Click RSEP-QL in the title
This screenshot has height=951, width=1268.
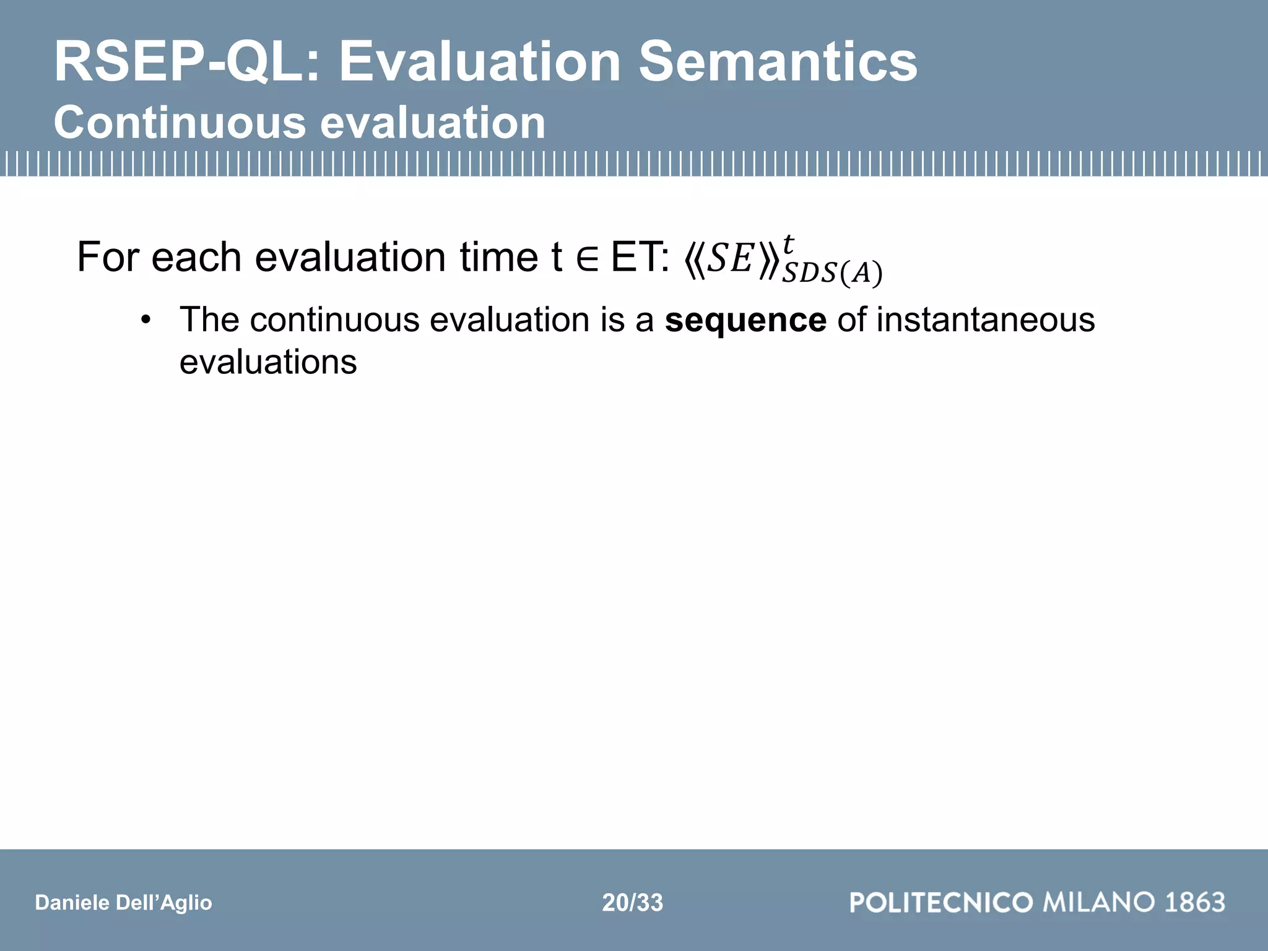(186, 62)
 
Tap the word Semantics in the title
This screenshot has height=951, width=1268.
(778, 62)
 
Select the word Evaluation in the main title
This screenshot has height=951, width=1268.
(479, 62)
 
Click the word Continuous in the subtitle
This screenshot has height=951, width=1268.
(180, 123)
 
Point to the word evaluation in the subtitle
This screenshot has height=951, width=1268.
(433, 123)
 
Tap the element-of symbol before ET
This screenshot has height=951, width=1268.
(586, 259)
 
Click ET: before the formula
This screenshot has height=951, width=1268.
(640, 257)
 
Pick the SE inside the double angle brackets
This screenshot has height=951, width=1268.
(731, 259)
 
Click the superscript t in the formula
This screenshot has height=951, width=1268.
(788, 244)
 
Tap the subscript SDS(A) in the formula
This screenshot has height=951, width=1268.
(832, 274)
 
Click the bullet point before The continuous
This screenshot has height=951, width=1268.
(145, 321)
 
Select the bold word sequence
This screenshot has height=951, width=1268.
(745, 321)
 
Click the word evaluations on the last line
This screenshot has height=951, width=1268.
(268, 362)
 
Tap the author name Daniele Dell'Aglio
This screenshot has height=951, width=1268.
(123, 903)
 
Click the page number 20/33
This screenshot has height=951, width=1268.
(632, 903)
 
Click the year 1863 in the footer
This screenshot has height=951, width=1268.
(1194, 902)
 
